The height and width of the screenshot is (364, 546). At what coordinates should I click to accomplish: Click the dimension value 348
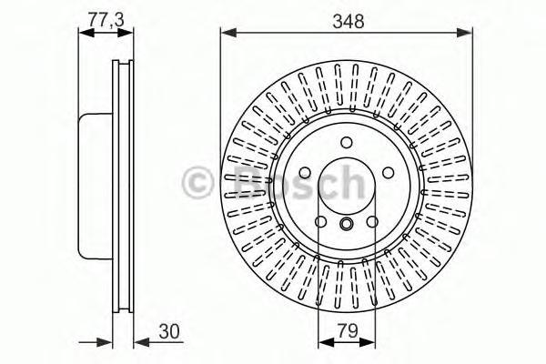(348, 21)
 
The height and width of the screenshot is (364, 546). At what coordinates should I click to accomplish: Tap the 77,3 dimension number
(106, 19)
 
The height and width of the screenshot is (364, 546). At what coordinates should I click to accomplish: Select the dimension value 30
(169, 331)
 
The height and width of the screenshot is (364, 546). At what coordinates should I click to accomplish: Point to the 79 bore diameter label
(348, 330)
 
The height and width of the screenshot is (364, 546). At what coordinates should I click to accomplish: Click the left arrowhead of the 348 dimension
(228, 33)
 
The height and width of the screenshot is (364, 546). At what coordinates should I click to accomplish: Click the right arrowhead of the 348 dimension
(464, 33)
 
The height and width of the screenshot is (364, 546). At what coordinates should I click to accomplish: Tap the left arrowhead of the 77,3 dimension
(86, 33)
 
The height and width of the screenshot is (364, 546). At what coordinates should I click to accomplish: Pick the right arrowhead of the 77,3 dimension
(126, 33)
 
